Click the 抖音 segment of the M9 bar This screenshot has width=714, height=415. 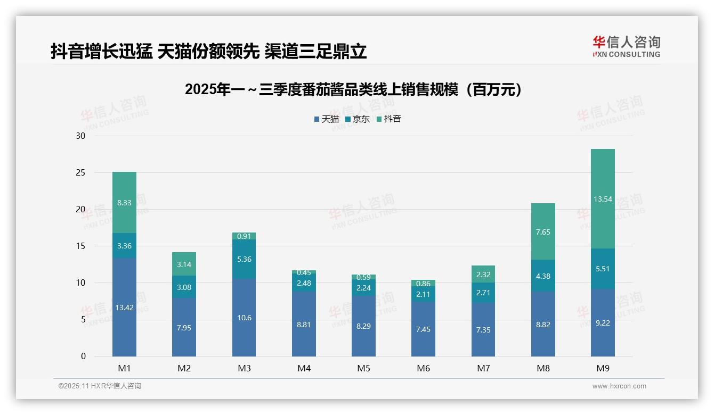603,199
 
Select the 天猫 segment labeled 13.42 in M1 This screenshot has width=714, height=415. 124,308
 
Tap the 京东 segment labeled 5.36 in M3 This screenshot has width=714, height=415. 244,259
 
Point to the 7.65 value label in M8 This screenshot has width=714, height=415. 543,233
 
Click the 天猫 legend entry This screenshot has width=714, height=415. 327,119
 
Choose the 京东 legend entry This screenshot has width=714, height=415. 358,119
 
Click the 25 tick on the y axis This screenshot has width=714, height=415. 80,173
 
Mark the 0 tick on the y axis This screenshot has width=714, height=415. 83,356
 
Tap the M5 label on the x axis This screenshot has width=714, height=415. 363,368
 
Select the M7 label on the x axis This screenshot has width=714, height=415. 483,368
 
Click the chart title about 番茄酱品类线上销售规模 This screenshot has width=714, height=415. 353,90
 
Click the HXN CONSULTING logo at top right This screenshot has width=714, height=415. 626,46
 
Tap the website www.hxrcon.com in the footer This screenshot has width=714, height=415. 619,386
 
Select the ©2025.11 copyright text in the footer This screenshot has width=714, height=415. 100,386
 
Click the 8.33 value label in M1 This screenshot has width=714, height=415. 124,203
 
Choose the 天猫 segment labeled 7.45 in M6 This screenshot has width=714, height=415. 423,329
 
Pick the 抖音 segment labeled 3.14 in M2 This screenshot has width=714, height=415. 184,264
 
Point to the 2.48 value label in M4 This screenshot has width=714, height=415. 304,283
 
